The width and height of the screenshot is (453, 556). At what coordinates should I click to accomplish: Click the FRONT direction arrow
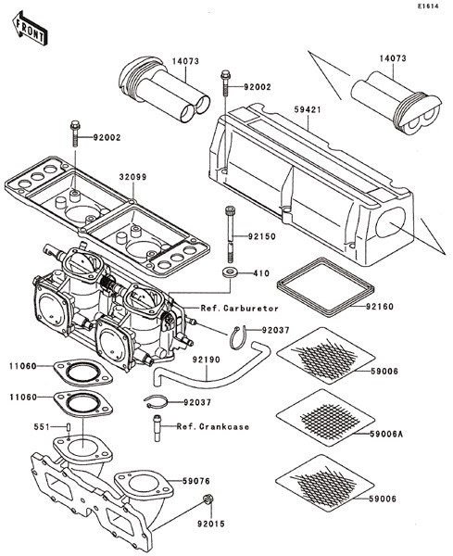point(30,29)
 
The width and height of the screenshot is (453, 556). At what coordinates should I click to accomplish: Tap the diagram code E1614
point(428,6)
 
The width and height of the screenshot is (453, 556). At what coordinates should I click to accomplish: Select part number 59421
point(308,110)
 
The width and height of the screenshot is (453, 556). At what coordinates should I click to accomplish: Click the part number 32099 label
point(132,177)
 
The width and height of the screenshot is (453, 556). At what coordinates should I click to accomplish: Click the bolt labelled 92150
point(229,235)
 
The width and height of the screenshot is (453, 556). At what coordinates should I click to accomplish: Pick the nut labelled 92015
point(207,499)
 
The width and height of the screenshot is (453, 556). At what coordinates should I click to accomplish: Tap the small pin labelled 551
point(68,426)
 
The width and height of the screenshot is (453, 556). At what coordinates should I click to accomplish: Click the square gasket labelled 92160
point(325,287)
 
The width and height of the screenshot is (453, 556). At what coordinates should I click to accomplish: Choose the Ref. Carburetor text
point(240,309)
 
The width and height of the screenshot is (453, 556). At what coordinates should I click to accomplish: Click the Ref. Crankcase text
point(213,426)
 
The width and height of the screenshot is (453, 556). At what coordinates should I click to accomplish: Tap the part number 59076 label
point(196,481)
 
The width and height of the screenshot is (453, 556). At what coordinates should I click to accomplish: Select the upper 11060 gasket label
point(23,366)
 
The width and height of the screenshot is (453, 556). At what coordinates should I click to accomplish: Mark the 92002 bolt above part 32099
point(75,133)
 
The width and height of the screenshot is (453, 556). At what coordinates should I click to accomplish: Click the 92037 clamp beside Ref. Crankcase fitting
point(156,402)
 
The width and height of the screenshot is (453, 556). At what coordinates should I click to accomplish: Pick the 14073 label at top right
point(393,58)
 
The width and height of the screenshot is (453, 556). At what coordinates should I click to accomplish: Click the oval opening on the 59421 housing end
point(391,222)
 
